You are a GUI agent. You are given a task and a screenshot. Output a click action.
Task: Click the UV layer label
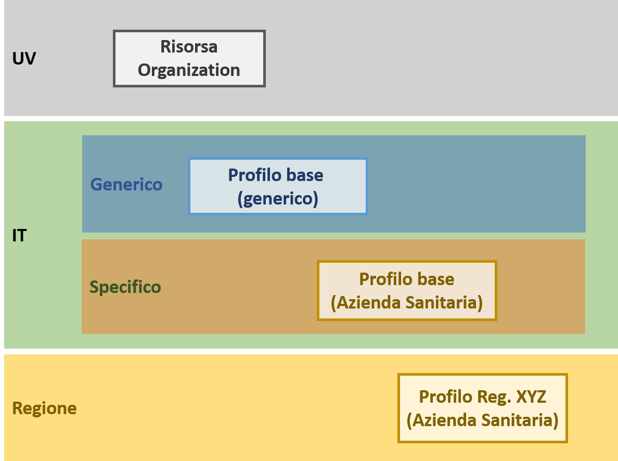coord(24,59)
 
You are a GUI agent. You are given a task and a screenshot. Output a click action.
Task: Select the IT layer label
coord(19,236)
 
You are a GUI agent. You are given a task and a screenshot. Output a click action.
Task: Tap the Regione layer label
coord(44,408)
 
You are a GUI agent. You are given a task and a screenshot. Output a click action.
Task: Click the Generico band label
coord(126,184)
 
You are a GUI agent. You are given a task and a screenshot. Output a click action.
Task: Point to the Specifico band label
coord(125,287)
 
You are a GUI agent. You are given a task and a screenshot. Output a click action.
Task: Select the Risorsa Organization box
coord(189,58)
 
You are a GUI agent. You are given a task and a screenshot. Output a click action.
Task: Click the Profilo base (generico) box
coord(278,186)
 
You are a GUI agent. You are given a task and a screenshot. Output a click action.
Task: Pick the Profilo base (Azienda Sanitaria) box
coord(407,290)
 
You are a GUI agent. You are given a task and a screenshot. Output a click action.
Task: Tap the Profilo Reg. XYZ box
coord(482,408)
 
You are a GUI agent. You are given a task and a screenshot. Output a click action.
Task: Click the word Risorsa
coord(189,47)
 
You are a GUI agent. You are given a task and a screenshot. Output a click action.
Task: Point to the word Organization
coord(189,70)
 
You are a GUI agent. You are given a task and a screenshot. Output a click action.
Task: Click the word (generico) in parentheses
coord(278,199)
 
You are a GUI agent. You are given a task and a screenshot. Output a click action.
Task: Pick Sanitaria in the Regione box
coord(521,420)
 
